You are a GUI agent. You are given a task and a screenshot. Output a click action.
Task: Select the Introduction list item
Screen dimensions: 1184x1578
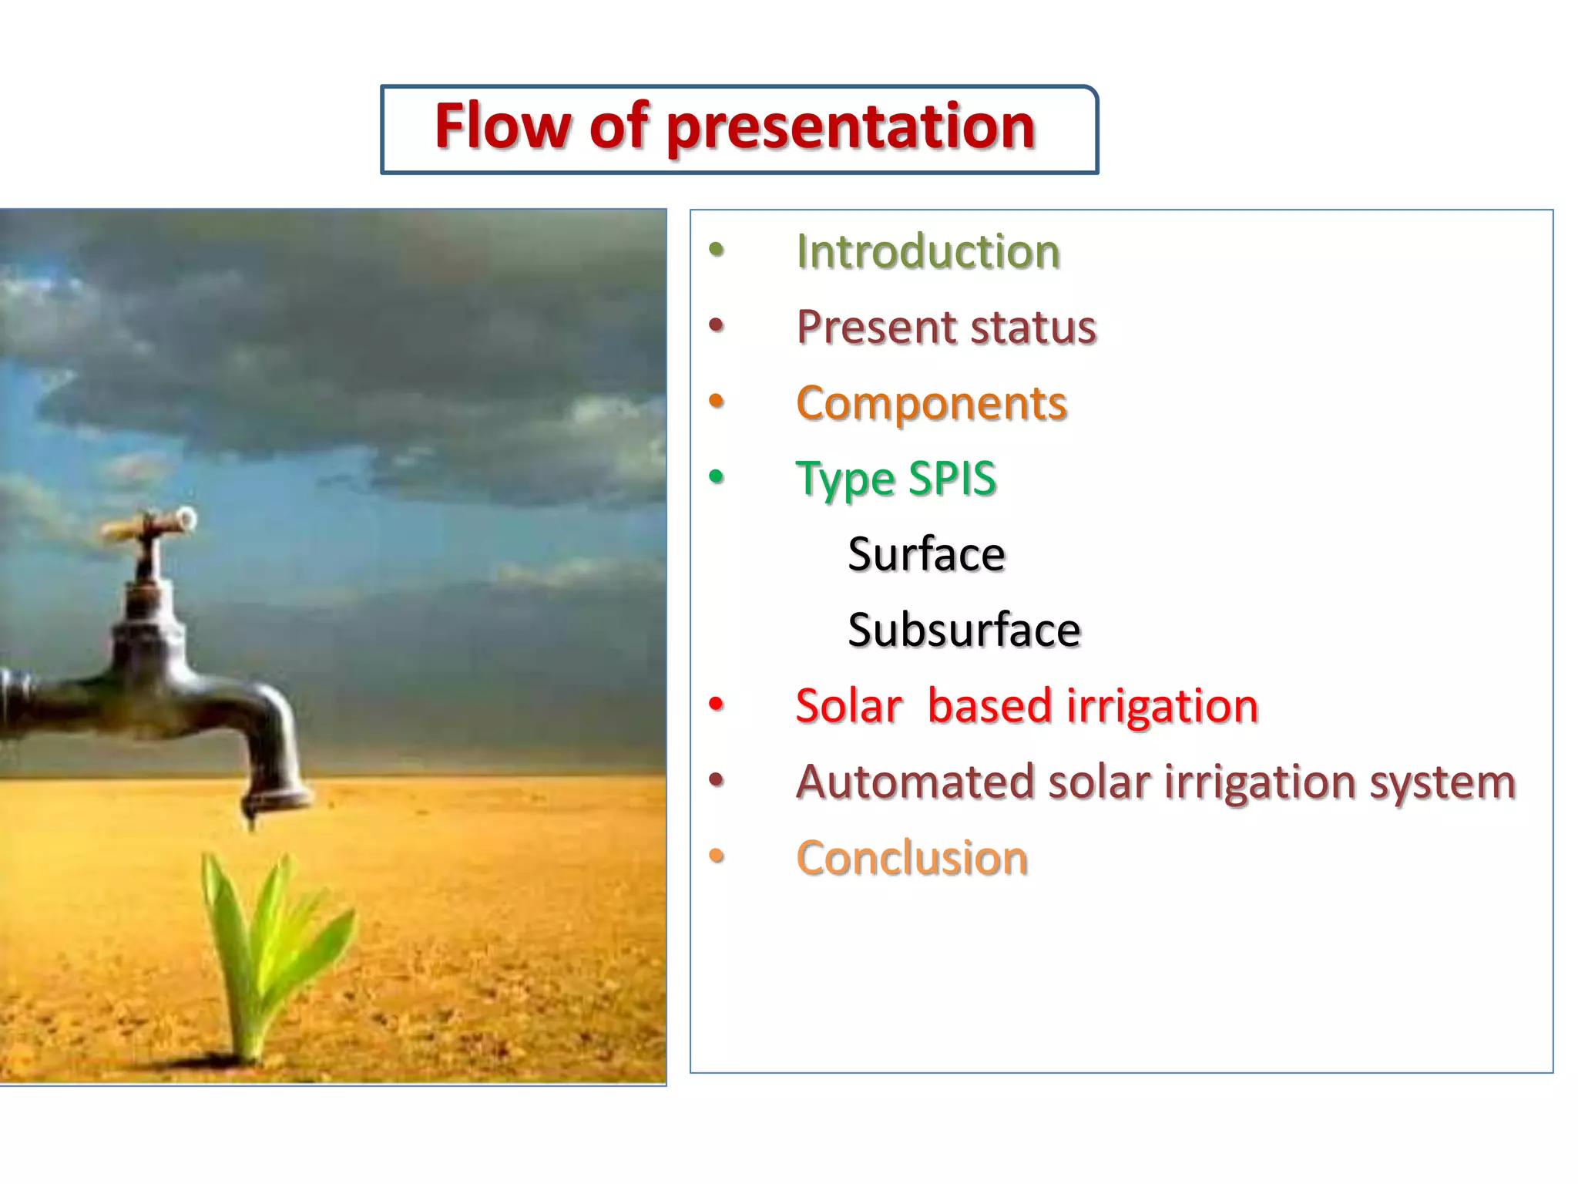coord(928,251)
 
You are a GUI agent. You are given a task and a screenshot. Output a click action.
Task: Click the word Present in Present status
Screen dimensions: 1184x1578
coord(866,327)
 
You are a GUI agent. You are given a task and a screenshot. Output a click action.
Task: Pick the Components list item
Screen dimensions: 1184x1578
coord(931,403)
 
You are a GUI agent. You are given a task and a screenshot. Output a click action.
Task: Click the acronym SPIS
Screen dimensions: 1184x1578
coord(952,478)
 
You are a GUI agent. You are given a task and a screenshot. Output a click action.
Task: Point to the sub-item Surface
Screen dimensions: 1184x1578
coord(926,553)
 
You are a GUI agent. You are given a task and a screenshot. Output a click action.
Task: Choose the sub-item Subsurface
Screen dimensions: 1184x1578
coord(964,630)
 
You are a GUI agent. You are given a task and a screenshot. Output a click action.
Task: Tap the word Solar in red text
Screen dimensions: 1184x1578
coord(848,705)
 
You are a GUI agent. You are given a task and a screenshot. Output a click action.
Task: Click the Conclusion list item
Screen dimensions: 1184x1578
coord(912,857)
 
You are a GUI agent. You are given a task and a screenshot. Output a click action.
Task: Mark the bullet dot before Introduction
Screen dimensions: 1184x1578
coord(717,250)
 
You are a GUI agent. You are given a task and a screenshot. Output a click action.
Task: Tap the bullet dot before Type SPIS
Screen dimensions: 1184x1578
coord(717,477)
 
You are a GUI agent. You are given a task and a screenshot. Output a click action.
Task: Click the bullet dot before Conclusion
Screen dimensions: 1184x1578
coord(717,856)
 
